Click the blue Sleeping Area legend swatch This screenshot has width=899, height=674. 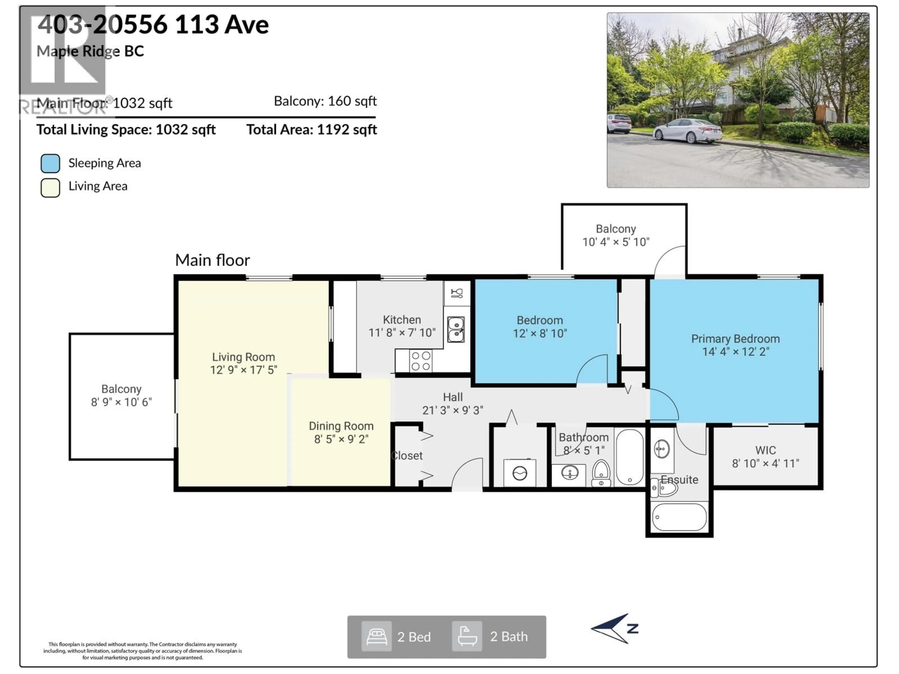point(50,163)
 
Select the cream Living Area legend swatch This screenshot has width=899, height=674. point(50,188)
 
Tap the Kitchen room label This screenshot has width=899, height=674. point(402,320)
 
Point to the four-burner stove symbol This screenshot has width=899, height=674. point(421,361)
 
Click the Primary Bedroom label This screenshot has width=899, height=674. point(735,339)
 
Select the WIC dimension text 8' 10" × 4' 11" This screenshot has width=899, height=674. point(765,464)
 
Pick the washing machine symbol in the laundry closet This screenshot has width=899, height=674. point(520,473)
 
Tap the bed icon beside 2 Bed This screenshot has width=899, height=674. point(376,637)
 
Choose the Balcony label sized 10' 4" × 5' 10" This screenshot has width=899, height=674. point(616,229)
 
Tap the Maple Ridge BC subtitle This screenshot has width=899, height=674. point(90,51)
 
